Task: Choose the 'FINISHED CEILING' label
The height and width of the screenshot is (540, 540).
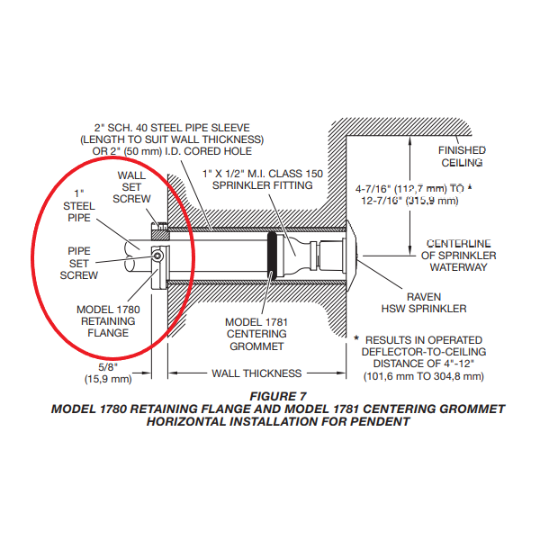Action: (462, 157)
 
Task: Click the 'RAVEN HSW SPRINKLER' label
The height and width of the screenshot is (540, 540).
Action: (436, 301)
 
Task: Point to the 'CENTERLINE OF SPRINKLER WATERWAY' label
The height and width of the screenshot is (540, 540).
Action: (458, 255)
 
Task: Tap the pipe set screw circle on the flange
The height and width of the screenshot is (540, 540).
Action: (157, 256)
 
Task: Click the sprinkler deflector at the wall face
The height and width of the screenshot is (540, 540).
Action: (353, 255)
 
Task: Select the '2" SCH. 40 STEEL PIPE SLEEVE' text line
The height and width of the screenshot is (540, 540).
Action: (170, 127)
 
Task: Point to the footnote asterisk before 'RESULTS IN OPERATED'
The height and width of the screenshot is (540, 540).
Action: (357, 338)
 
